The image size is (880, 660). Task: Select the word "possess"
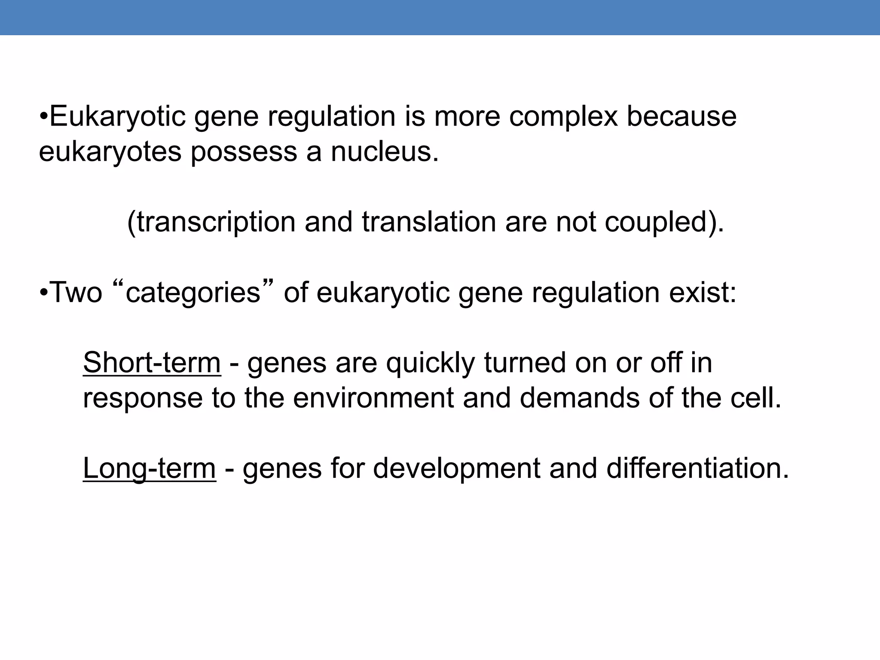(x=244, y=153)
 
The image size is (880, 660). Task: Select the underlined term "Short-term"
(x=152, y=363)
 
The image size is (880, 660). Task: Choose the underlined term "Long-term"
(x=149, y=468)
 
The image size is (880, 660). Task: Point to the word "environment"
(x=373, y=398)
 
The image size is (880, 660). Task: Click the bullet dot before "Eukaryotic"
(x=43, y=117)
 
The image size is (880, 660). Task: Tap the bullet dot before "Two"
(x=43, y=293)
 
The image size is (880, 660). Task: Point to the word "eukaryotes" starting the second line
(x=110, y=152)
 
